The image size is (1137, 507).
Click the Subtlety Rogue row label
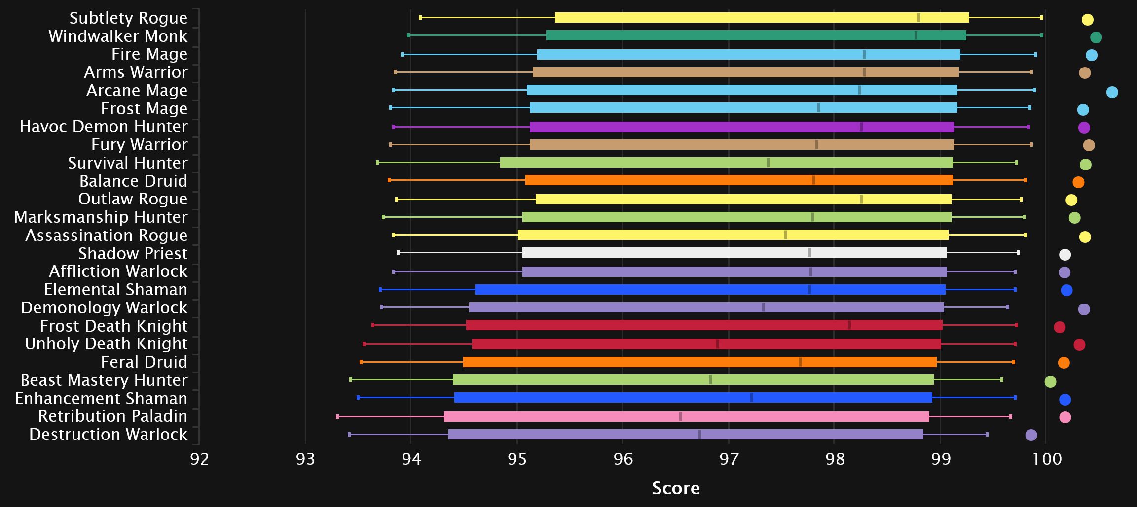tap(128, 18)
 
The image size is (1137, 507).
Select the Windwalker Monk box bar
tap(756, 35)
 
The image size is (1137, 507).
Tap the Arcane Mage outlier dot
tap(1112, 92)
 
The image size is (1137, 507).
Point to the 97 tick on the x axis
tap(729, 459)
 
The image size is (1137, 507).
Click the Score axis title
tap(676, 488)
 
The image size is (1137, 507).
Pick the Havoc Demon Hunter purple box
tap(742, 127)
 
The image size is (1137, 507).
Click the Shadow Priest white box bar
tap(734, 253)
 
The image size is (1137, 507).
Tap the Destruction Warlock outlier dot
tap(1031, 435)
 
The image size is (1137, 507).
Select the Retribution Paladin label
tap(113, 416)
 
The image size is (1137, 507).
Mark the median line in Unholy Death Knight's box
tap(718, 344)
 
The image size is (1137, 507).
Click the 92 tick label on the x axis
tap(200, 459)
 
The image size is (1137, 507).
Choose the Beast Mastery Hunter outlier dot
tap(1050, 382)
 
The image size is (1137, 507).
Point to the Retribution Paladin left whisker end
tap(337, 417)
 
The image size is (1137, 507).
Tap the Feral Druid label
tap(144, 362)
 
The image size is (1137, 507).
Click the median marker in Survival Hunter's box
tap(768, 163)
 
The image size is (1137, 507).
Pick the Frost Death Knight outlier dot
tap(1060, 327)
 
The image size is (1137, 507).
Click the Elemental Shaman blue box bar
tap(710, 289)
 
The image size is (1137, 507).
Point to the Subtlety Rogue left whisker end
tap(420, 18)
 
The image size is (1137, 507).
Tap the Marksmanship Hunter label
tap(101, 217)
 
